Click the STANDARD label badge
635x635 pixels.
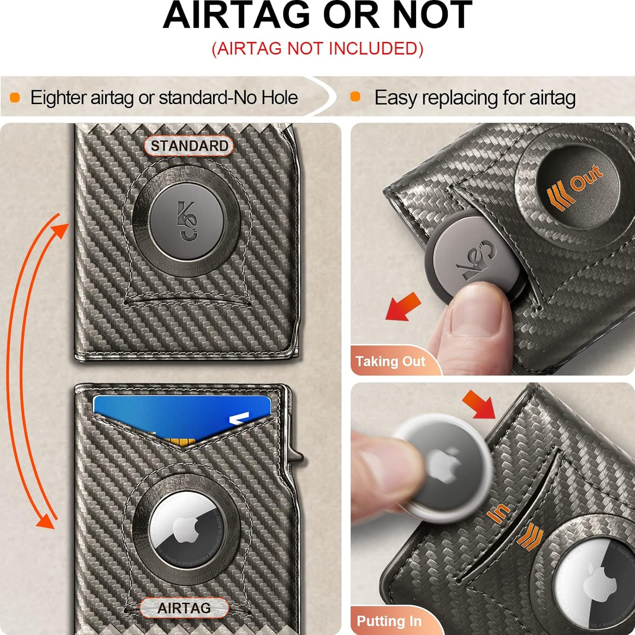click(x=189, y=146)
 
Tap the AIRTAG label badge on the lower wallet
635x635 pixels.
click(x=184, y=608)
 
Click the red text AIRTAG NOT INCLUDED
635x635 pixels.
click(x=317, y=49)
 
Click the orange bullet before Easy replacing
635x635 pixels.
click(x=355, y=97)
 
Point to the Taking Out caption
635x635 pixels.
click(x=390, y=361)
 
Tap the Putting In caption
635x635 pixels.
click(x=389, y=621)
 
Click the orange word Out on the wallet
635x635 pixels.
click(x=586, y=178)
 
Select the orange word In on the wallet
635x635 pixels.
click(x=499, y=513)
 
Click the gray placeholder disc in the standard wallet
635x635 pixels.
click(x=186, y=221)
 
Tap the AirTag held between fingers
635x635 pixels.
click(x=444, y=467)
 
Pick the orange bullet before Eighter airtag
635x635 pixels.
click(x=15, y=98)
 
